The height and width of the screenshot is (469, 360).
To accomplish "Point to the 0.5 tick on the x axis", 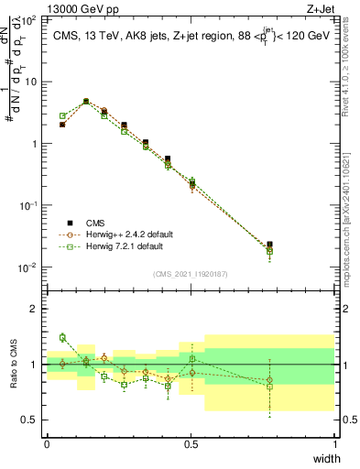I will point(191,444).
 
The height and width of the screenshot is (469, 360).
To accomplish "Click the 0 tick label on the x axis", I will point(47,444).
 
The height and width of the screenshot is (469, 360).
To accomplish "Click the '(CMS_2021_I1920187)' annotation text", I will point(191,273).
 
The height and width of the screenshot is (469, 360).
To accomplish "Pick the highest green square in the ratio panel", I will point(62,337).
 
